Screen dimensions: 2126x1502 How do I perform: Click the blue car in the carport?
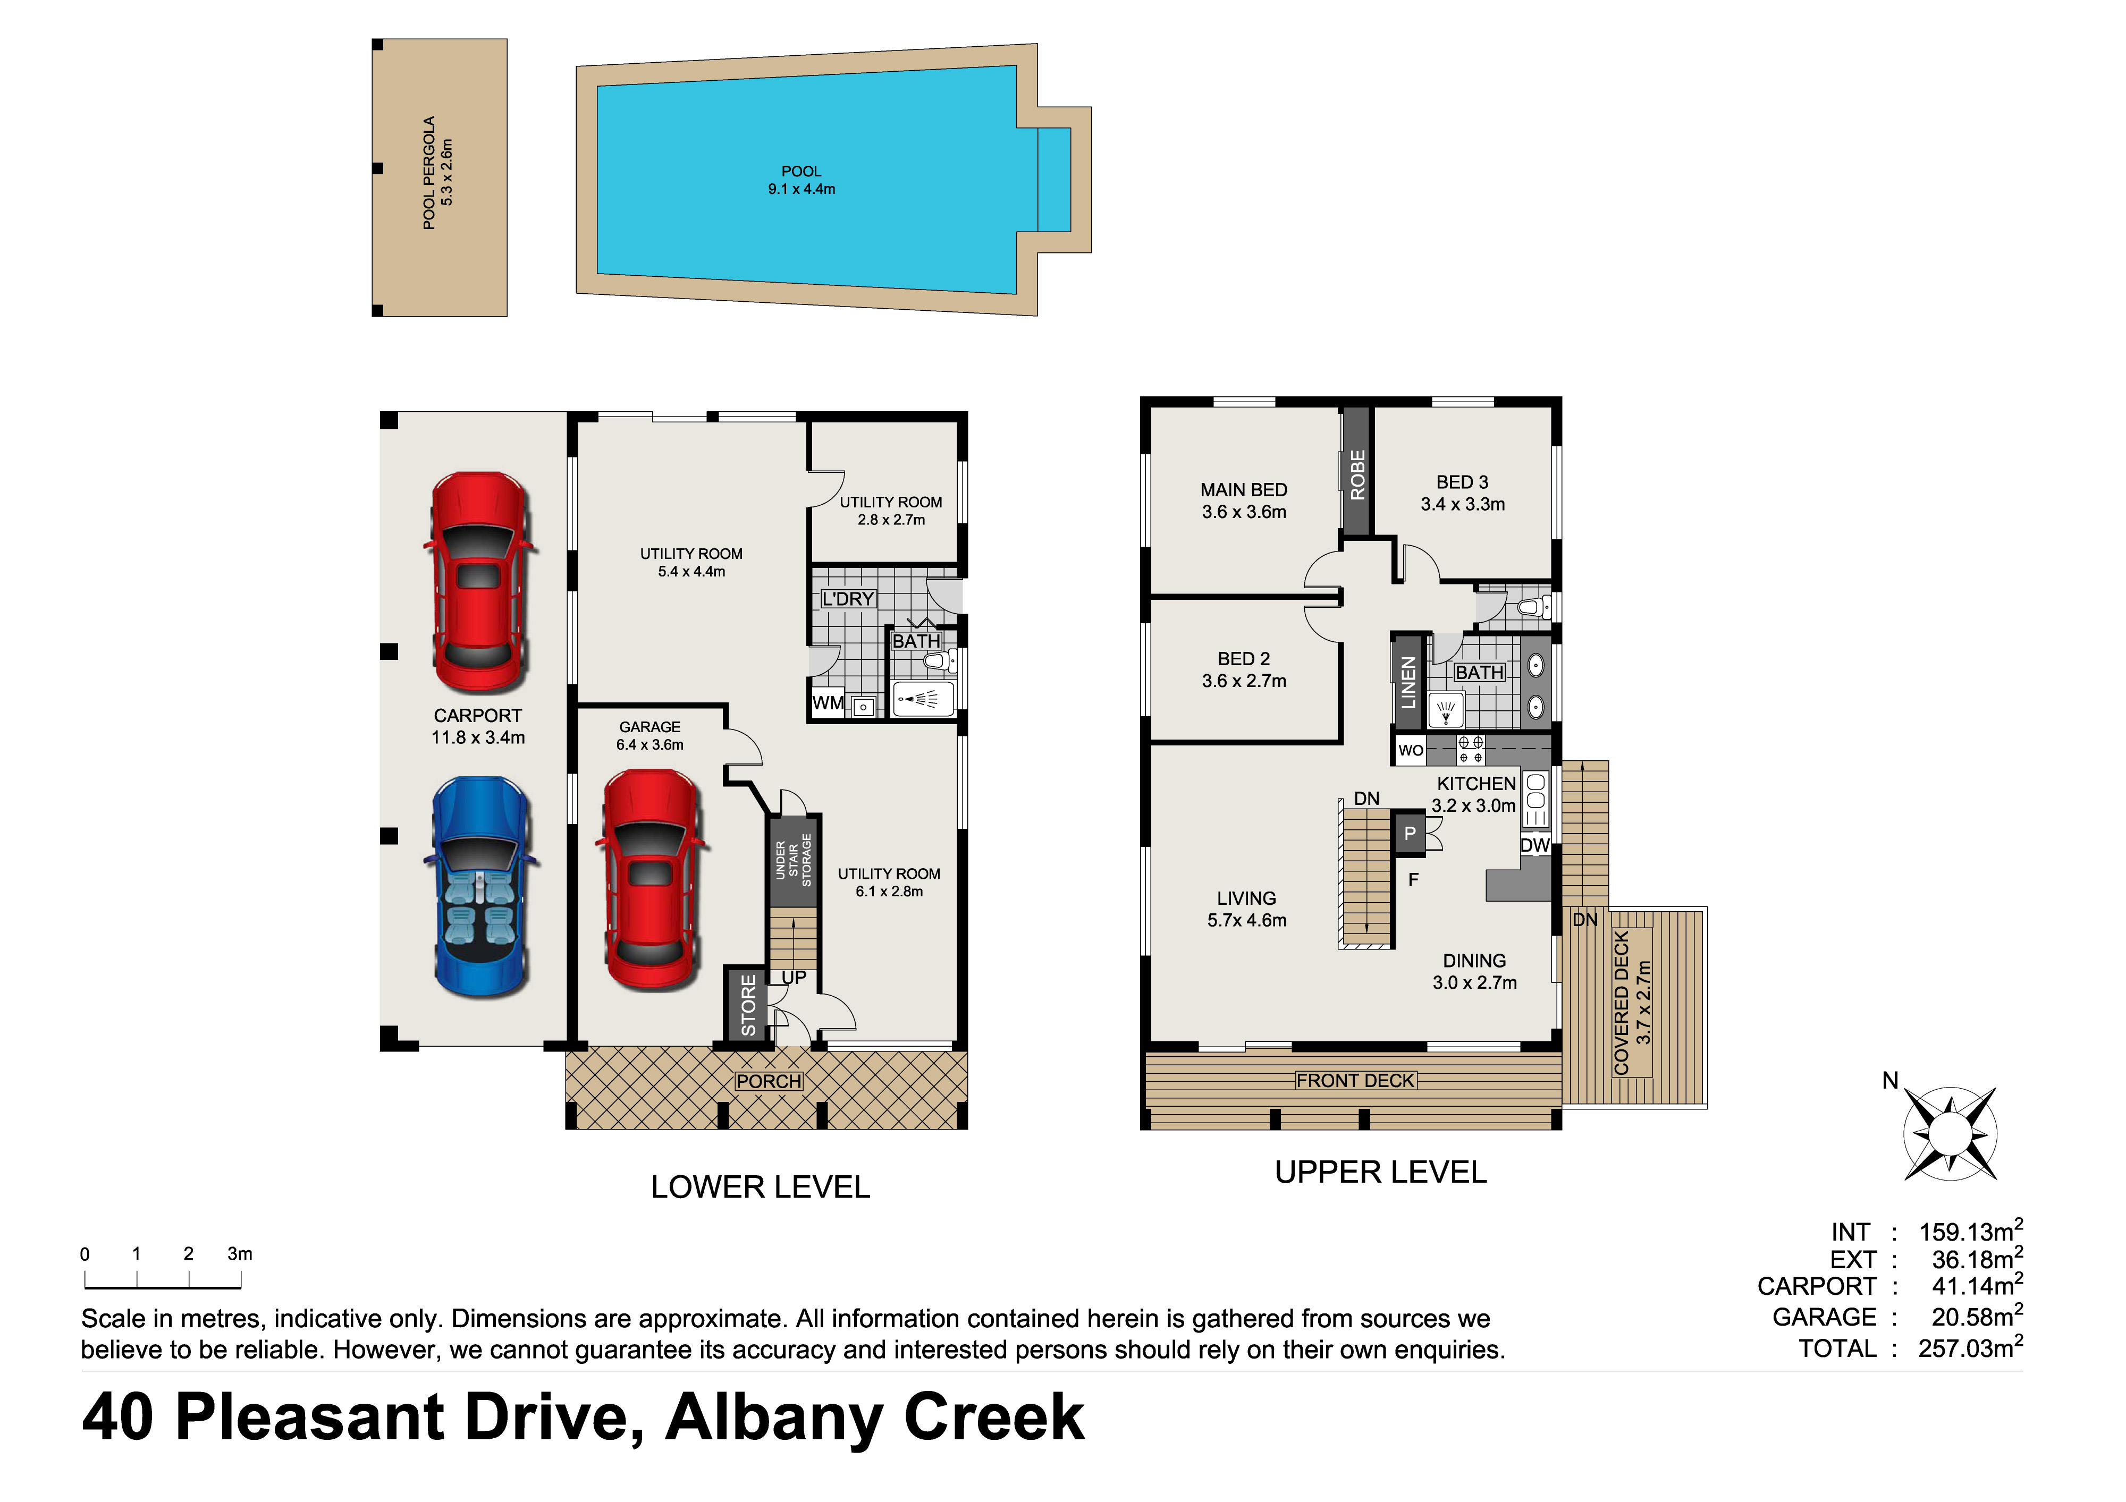[479, 887]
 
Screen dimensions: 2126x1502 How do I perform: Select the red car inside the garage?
[651, 880]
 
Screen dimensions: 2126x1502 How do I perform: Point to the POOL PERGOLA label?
[429, 173]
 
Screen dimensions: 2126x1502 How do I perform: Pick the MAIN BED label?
[1244, 489]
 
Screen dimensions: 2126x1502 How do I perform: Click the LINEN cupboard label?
[1408, 682]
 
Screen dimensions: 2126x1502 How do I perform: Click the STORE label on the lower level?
[748, 1005]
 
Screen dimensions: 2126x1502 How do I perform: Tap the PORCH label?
[769, 1081]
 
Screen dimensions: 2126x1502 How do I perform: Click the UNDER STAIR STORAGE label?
[794, 861]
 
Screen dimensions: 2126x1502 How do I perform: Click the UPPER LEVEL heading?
[1381, 1173]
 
